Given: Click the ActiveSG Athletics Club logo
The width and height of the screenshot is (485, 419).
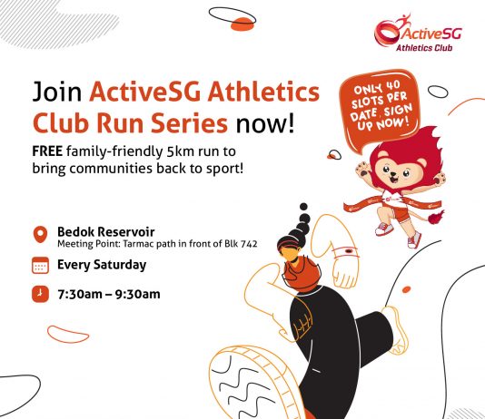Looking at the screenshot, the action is (x=418, y=33).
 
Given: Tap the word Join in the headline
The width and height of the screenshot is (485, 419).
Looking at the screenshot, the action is (x=57, y=92).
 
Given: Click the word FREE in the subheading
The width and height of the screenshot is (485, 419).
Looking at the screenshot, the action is (x=47, y=151).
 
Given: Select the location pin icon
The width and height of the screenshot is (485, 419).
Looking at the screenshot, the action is (x=40, y=235).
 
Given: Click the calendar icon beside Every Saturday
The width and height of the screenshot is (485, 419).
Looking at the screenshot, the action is (x=40, y=265).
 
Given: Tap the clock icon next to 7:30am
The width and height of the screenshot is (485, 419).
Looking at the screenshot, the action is (x=40, y=294).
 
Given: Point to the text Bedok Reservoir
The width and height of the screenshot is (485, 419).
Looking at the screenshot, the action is (x=105, y=231).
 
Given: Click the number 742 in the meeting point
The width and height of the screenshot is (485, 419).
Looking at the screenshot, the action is (x=249, y=244).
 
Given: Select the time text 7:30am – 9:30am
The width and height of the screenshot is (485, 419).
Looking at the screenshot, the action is (x=109, y=294).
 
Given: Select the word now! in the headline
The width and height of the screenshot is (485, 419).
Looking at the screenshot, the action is (x=265, y=123).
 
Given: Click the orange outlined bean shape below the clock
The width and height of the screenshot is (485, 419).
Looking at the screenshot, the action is (x=68, y=335).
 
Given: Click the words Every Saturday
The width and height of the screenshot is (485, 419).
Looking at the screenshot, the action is (x=102, y=265).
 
